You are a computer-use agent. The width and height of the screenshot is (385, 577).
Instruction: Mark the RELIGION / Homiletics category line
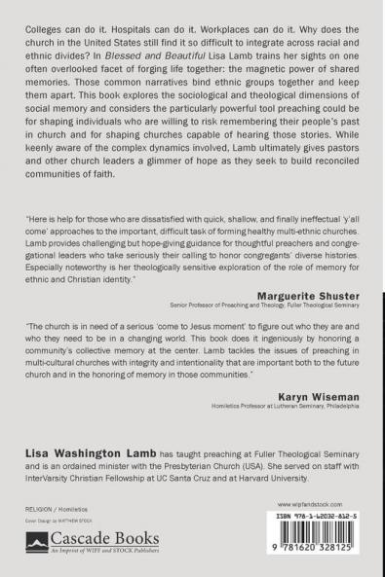click(57, 509)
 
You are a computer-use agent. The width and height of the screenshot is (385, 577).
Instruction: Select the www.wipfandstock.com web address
click(312, 505)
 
